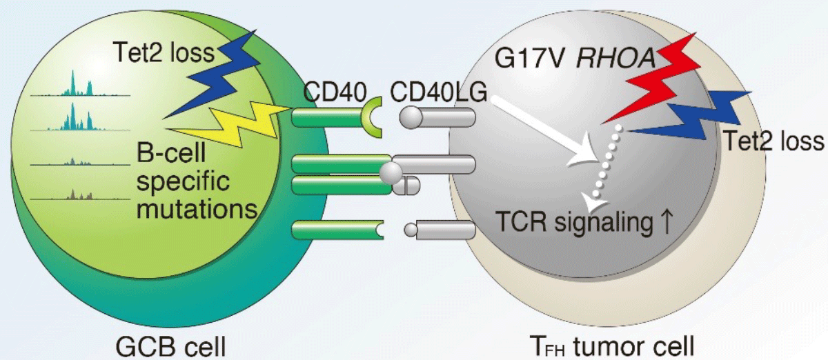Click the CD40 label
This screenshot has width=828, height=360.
pyautogui.click(x=335, y=92)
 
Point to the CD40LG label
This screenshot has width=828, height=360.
pyautogui.click(x=438, y=92)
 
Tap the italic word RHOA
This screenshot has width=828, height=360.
pyautogui.click(x=615, y=59)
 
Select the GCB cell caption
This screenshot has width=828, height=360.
pyautogui.click(x=170, y=346)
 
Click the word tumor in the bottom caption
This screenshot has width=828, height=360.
pyautogui.click(x=609, y=346)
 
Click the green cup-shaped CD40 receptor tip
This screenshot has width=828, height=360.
pyautogui.click(x=371, y=117)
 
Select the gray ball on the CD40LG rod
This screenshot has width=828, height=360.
pyautogui.click(x=411, y=117)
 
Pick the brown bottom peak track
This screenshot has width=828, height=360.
pyautogui.click(x=80, y=194)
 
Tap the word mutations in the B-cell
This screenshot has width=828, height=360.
pyautogui.click(x=197, y=209)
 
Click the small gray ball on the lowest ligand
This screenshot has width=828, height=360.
pyautogui.click(x=411, y=230)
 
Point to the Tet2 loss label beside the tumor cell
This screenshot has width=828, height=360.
pyautogui.click(x=774, y=141)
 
